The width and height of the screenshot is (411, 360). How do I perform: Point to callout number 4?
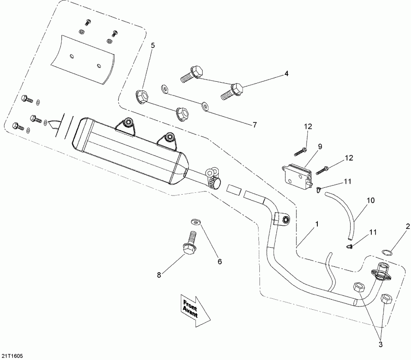coord(286,73)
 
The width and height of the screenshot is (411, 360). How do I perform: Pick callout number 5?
coord(153,45)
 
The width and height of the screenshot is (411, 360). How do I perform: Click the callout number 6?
coord(219,262)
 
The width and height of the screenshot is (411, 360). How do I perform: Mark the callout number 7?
coord(254,124)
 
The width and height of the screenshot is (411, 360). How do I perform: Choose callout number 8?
coord(159,275)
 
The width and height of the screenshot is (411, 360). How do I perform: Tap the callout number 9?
coord(320,147)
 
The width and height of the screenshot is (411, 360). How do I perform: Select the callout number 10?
coord(370,200)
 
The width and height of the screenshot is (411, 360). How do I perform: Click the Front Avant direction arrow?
coord(194,309)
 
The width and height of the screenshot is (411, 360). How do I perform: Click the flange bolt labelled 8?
coord(189,244)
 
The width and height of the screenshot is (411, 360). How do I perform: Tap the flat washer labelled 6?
coord(196,222)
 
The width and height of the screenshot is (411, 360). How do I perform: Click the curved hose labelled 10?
coord(348,214)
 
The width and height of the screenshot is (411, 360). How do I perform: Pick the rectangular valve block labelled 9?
coord(295,174)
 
